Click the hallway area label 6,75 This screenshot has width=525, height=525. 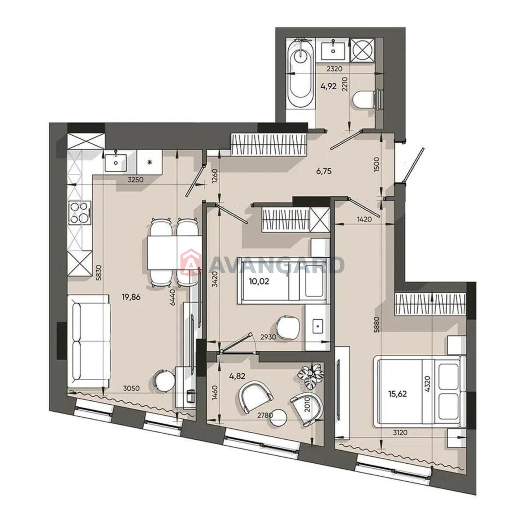(x=324, y=171)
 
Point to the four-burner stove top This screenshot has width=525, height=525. (x=79, y=212)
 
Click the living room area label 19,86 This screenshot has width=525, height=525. (x=131, y=297)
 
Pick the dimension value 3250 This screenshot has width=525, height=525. (x=136, y=179)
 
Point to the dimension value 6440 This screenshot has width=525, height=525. (x=173, y=297)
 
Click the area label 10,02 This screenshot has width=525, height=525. (x=259, y=281)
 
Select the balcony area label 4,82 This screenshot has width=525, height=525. (x=237, y=376)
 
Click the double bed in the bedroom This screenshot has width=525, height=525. (x=419, y=391)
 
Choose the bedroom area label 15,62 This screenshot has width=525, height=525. (x=398, y=394)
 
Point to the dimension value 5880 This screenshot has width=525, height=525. (x=376, y=324)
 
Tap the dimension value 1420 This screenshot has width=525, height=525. (x=365, y=219)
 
